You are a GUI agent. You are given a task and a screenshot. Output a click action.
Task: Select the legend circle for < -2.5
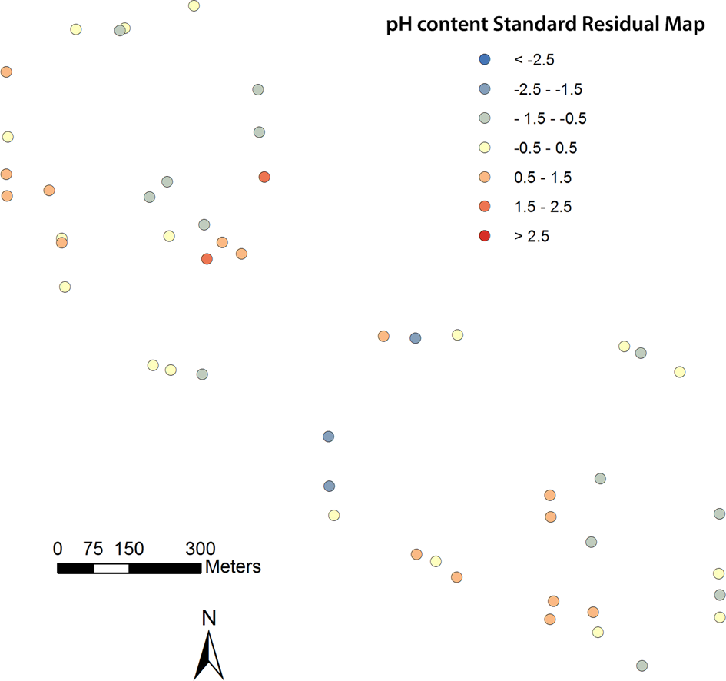pyautogui.click(x=484, y=59)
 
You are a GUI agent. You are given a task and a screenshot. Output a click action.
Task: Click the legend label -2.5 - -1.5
pyautogui.click(x=548, y=89)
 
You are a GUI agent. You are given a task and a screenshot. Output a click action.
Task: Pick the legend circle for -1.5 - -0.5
pyautogui.click(x=484, y=118)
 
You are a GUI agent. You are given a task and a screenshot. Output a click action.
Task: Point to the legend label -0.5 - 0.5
pyautogui.click(x=545, y=148)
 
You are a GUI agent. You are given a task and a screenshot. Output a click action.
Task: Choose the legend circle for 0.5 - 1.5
pyautogui.click(x=484, y=178)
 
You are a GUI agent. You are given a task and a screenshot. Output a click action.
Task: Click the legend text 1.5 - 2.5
pyautogui.click(x=542, y=207)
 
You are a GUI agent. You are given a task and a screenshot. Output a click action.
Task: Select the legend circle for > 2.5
pyautogui.click(x=484, y=236)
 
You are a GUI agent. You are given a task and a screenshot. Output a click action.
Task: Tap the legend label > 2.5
pyautogui.click(x=532, y=236)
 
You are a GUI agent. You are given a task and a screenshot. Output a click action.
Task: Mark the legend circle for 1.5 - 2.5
pyautogui.click(x=484, y=207)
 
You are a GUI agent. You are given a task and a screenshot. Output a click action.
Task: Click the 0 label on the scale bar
pyautogui.click(x=58, y=549)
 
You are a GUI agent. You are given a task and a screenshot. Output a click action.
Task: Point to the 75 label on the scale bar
pyautogui.click(x=94, y=549)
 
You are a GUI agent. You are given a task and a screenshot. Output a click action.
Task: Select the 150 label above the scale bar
pyautogui.click(x=129, y=549)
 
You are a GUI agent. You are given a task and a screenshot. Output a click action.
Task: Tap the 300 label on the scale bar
pyautogui.click(x=201, y=549)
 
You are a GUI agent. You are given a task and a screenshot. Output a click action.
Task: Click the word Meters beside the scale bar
pyautogui.click(x=233, y=567)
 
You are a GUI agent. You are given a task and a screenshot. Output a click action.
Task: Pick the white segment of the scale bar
pyautogui.click(x=111, y=568)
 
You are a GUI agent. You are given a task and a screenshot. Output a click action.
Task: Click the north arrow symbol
pyautogui.click(x=208, y=653)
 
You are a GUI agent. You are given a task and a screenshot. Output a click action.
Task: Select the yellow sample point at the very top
pyautogui.click(x=194, y=6)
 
